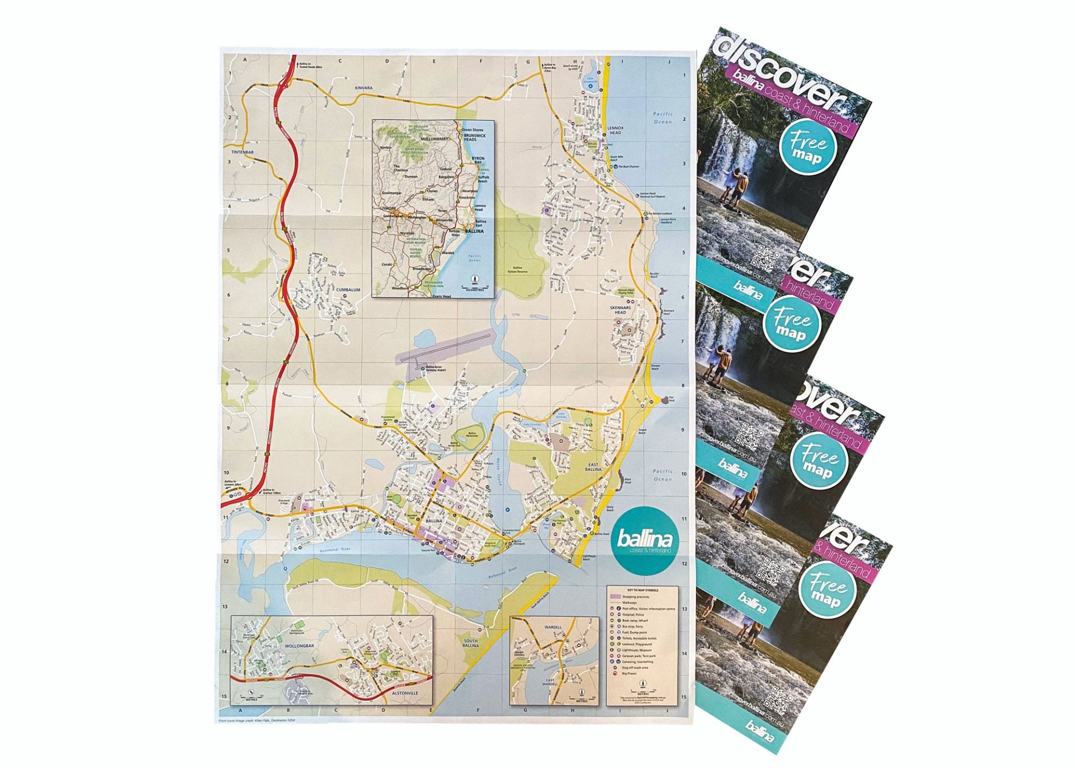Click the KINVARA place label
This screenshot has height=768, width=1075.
click(363, 88)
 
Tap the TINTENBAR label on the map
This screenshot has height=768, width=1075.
click(242, 152)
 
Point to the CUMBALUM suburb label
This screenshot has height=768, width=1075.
click(348, 290)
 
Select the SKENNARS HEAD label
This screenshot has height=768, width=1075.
click(620, 310)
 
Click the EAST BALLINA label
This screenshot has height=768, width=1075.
click(593, 467)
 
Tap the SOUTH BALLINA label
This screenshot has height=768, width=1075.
click(470, 643)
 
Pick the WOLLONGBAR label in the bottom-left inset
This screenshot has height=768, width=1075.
click(300, 646)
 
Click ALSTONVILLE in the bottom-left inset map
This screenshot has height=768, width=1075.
click(405, 693)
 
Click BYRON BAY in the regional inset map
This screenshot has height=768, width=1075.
click(478, 161)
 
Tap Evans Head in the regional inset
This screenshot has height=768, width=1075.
click(441, 296)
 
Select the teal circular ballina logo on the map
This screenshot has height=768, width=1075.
click(644, 541)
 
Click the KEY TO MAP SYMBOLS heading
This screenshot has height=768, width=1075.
click(643, 590)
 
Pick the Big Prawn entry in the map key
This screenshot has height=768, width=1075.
click(629, 673)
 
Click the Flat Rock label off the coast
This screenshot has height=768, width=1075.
click(671, 399)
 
